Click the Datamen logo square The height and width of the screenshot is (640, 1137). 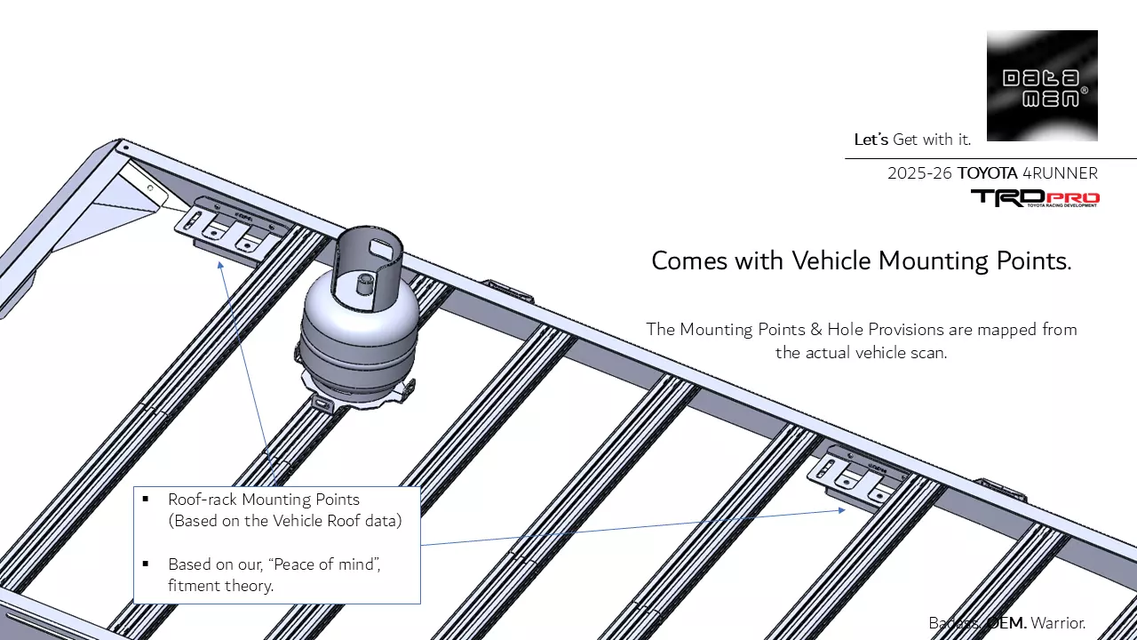pos(1042,85)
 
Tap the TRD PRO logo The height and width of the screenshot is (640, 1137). pos(1035,197)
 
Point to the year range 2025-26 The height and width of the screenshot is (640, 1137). pos(919,173)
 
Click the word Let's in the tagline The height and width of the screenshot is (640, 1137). pos(871,140)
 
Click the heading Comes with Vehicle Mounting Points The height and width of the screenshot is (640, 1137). pos(861,260)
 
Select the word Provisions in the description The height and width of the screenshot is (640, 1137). pos(885,330)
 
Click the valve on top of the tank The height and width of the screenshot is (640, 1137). pos(362,284)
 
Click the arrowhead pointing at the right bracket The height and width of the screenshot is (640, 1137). pos(841,510)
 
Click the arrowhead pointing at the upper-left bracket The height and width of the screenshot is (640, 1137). pos(220,264)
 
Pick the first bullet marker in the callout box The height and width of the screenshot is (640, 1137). pos(146,500)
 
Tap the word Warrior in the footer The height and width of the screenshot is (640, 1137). pos(1058,623)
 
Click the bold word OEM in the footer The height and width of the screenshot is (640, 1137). pos(1006,623)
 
